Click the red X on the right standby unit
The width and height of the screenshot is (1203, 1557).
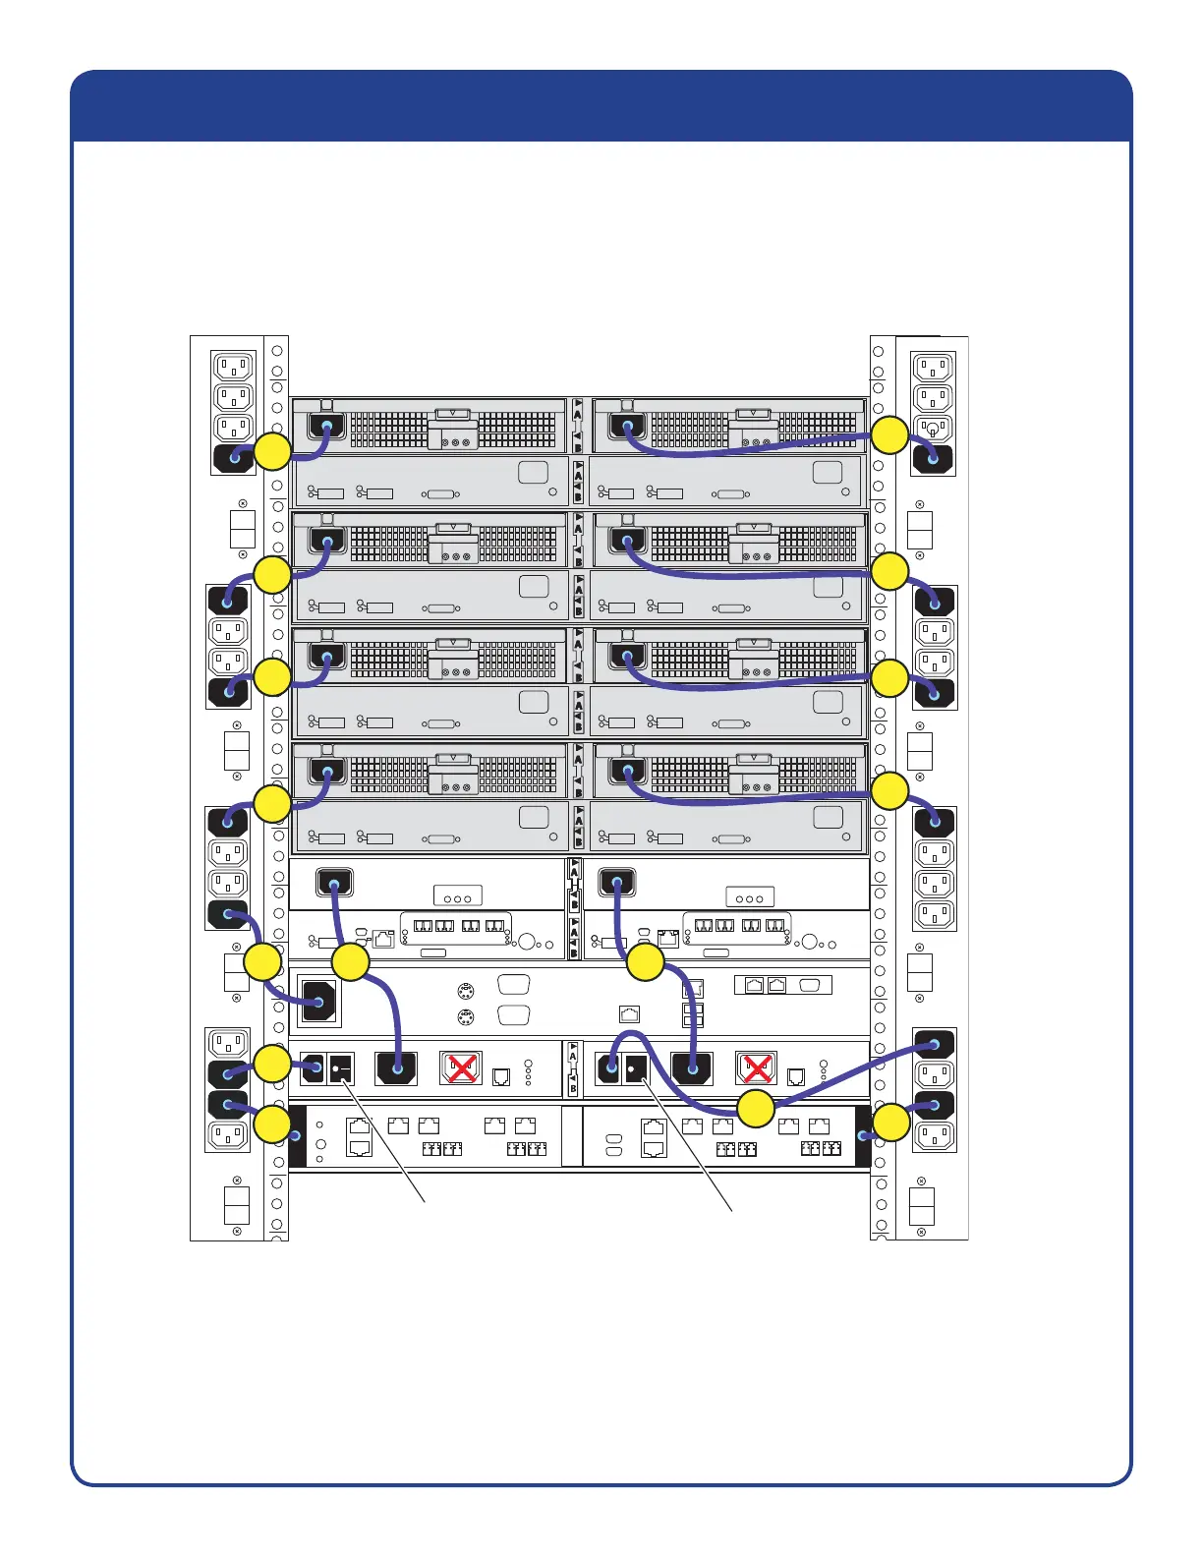pos(756,1067)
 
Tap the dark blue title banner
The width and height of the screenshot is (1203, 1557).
pos(601,106)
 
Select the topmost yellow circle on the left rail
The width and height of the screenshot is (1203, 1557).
pos(273,451)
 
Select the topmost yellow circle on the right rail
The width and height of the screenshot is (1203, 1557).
pos(890,435)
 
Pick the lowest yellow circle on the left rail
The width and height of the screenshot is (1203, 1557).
pos(272,1124)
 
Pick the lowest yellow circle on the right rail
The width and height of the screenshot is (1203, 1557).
pos(891,1123)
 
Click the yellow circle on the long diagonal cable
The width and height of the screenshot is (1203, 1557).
pos(756,1109)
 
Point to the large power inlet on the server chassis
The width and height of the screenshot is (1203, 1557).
pos(317,1002)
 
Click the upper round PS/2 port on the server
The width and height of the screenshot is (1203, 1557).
pos(467,991)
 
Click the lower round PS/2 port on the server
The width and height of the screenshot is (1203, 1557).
pos(467,1017)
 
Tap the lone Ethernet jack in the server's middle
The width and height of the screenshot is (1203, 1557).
pos(630,1014)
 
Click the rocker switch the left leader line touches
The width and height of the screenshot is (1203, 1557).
pos(340,1067)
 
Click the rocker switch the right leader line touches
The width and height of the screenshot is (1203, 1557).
pos(635,1067)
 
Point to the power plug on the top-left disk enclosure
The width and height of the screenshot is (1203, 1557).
pos(327,427)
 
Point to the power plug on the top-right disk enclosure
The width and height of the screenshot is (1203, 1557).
pos(621,427)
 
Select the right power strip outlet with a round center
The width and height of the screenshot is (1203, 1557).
pos(933,429)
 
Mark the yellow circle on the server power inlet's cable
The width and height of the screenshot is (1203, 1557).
pos(262,962)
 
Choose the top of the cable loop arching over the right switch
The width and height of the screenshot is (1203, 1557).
pos(629,1035)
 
